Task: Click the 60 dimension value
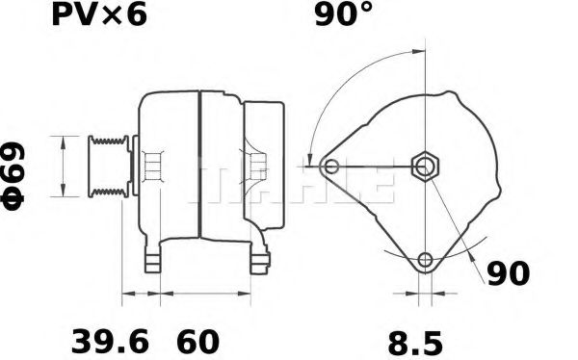click(x=197, y=341)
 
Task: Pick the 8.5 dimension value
click(x=416, y=341)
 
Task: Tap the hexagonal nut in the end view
click(x=426, y=167)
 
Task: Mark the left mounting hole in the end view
click(x=332, y=167)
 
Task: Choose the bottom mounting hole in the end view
click(x=426, y=259)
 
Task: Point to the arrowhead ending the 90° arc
click(x=309, y=160)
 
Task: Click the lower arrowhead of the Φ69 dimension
click(x=64, y=192)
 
